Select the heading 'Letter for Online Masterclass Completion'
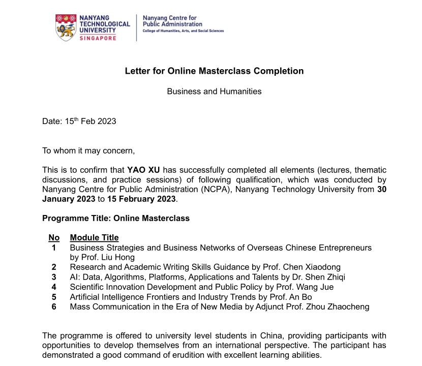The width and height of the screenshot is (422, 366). [214, 71]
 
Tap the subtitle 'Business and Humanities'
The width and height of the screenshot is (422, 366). [214, 91]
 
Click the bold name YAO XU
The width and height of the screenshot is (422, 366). [143, 170]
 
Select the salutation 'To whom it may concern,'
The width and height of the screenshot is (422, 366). [88, 150]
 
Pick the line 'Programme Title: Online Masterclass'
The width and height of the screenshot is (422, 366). [115, 218]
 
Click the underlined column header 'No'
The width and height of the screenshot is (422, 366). [54, 238]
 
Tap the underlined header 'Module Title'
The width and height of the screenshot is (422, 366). [94, 238]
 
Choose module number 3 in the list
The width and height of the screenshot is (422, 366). [54, 277]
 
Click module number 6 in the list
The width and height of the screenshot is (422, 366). [54, 307]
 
